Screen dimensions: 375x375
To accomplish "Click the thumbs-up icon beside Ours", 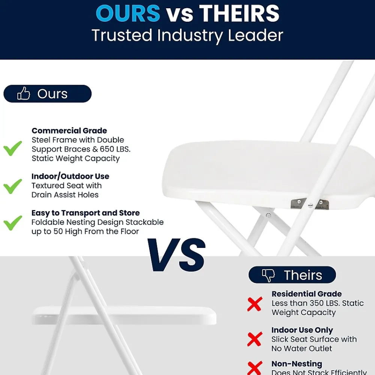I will click(x=24, y=94).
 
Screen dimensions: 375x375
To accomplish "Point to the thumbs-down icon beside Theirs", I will click(x=268, y=275).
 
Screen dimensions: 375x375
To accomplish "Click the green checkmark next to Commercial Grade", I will click(x=13, y=149).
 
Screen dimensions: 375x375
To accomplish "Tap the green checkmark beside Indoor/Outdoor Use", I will click(x=13, y=186).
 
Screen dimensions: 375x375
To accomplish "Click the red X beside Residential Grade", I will click(x=255, y=304).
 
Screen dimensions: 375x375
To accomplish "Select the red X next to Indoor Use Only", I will click(x=255, y=339).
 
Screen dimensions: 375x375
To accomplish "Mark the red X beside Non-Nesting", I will click(x=255, y=367).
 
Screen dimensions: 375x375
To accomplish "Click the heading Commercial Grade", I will click(x=69, y=130).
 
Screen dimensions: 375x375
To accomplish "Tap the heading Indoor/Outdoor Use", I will click(x=70, y=176).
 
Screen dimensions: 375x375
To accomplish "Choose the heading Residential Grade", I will click(x=306, y=294).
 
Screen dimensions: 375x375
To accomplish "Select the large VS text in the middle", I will click(x=176, y=255).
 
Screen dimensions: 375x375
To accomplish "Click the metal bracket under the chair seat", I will click(x=310, y=204).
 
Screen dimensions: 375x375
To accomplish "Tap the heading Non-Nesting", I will click(x=297, y=364).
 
